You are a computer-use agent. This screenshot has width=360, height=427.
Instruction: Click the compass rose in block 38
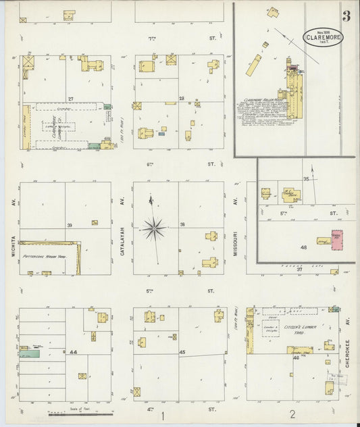(x=155, y=228)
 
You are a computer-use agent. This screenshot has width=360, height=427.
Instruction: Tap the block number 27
(x=70, y=99)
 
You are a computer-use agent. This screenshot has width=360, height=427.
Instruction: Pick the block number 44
(x=73, y=353)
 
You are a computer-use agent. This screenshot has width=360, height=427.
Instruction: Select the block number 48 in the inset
(x=304, y=247)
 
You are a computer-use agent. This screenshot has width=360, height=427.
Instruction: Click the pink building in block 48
(x=336, y=241)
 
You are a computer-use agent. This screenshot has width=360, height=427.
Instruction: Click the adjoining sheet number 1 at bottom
(x=161, y=416)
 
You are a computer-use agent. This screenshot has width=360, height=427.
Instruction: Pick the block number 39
(x=68, y=226)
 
